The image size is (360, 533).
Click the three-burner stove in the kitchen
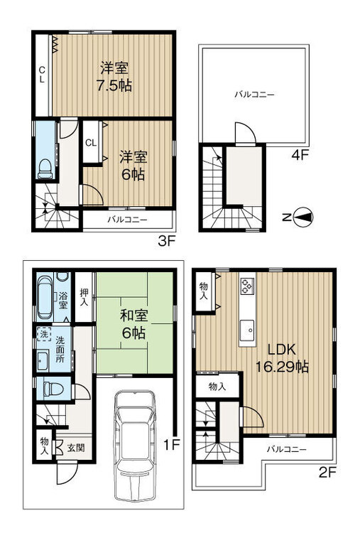pyautogui.click(x=247, y=285)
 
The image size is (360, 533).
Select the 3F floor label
pyautogui.click(x=165, y=241)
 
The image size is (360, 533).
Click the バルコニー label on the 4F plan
pyautogui.click(x=253, y=94)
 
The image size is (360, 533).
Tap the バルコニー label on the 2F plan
pyautogui.click(x=287, y=449)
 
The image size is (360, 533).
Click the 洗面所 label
pyautogui.click(x=63, y=350)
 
